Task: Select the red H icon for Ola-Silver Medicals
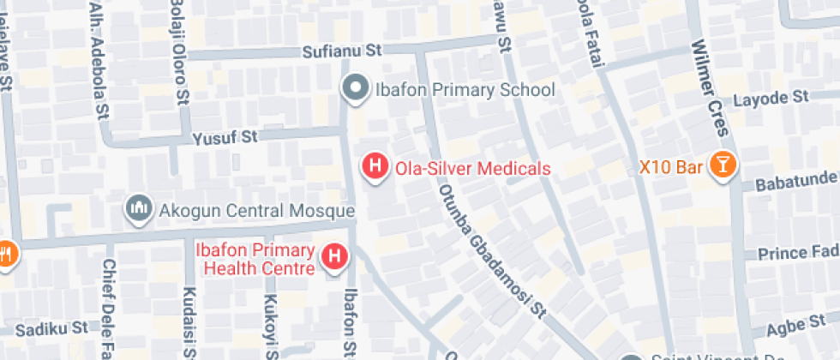[x=375, y=166]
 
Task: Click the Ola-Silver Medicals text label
[x=472, y=169]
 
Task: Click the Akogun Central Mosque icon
[x=137, y=208]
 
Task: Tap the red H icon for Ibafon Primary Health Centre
[x=333, y=256]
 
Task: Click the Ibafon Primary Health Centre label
[x=255, y=259]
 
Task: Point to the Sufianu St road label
[x=341, y=51]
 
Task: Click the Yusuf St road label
[x=225, y=137]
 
